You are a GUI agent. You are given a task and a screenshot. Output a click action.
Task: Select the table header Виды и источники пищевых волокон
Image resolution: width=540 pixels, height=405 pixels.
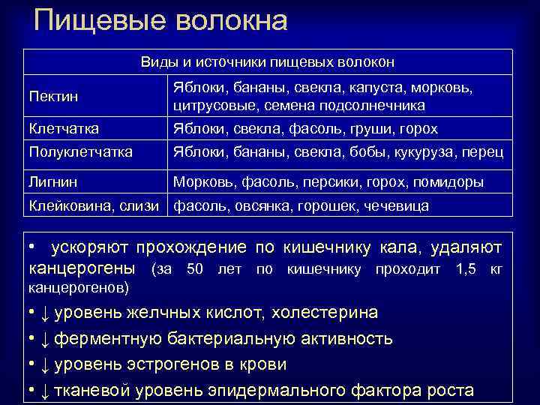268,62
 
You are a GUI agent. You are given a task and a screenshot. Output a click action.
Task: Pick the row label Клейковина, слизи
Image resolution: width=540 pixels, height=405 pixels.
93,205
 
